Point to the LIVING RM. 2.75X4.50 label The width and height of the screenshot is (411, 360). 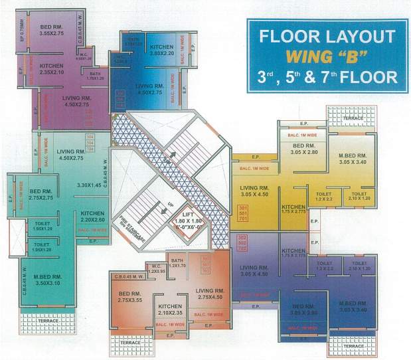[210, 293]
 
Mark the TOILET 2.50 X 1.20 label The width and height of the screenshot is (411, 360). [358, 266]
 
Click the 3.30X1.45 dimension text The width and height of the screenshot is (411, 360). [88, 185]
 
